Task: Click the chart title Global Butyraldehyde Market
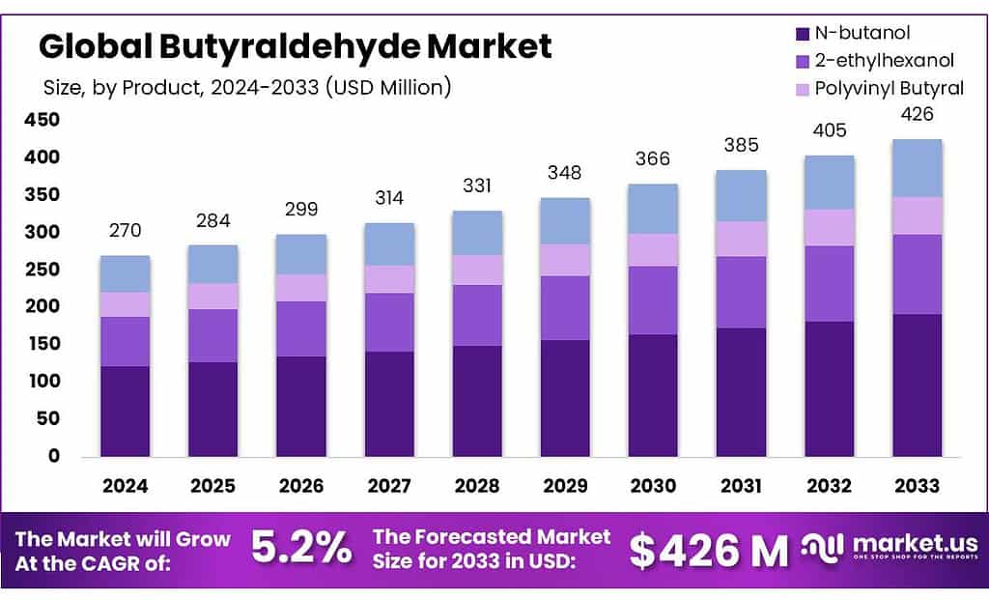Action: tap(295, 45)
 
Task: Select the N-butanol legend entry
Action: tap(862, 33)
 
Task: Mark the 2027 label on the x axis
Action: tap(388, 486)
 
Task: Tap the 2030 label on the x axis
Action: tap(653, 486)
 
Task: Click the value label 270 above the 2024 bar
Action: tap(126, 231)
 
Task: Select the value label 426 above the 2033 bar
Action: tap(917, 114)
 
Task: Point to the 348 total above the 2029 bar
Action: tap(564, 173)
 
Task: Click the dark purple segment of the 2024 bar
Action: tap(126, 411)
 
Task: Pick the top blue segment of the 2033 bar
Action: tap(917, 168)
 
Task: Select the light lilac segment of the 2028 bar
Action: tap(477, 270)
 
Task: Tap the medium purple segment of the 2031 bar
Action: tap(741, 292)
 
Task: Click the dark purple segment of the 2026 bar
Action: tap(301, 406)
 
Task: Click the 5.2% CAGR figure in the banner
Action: tap(301, 549)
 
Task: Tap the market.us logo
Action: tap(889, 549)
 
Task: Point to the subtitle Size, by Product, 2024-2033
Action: tap(247, 87)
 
